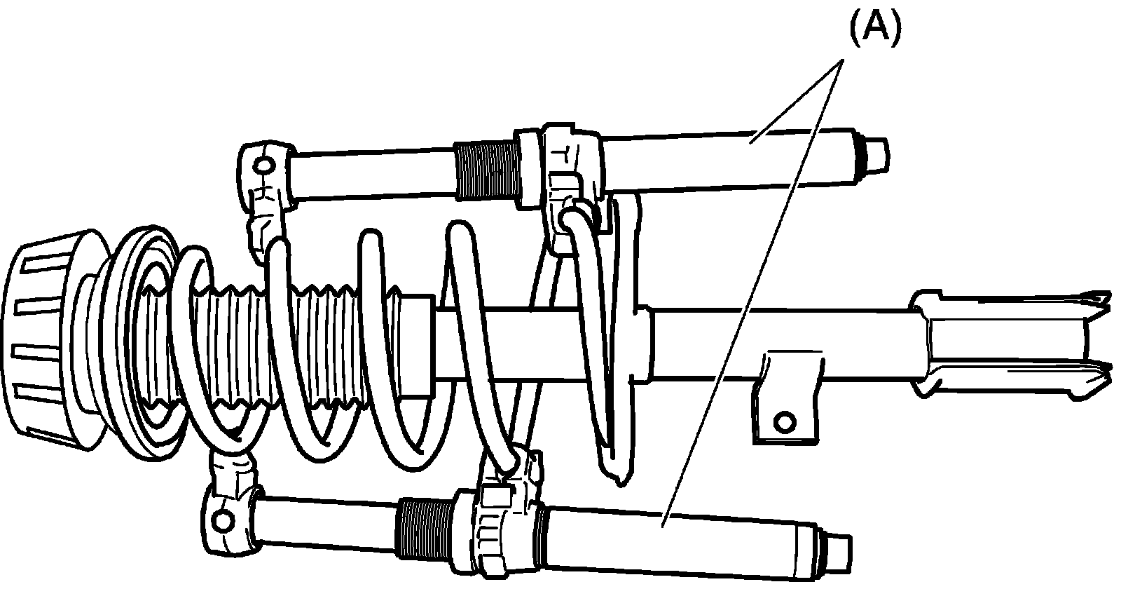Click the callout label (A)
(874, 30)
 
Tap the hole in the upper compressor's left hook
(263, 166)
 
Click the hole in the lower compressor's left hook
(223, 520)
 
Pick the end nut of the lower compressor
(838, 548)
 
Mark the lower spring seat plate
(625, 337)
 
